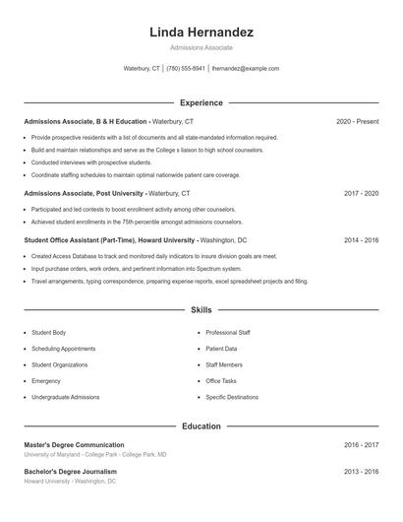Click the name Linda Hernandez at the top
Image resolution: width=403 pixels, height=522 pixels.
(x=201, y=32)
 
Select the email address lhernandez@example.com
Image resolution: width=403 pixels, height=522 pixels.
(x=246, y=69)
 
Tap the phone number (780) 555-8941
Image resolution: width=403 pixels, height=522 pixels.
(x=186, y=69)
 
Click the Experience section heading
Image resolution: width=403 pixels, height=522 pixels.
(x=201, y=102)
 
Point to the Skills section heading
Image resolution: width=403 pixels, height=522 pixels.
(x=201, y=309)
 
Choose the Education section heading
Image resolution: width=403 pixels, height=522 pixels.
(x=201, y=426)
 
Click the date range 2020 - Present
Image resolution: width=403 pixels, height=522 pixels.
(x=357, y=121)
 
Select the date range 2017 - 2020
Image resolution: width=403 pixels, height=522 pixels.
(x=361, y=193)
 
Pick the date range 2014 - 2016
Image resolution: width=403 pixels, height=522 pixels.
(x=361, y=239)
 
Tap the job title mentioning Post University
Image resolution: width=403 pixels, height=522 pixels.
(x=85, y=193)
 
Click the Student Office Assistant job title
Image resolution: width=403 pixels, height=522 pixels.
(x=108, y=239)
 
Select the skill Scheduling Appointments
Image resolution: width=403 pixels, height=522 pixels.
(x=64, y=349)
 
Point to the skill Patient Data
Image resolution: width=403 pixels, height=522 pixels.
(x=221, y=349)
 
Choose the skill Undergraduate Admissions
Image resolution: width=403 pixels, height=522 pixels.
(x=66, y=397)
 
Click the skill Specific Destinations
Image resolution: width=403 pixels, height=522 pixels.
(x=232, y=397)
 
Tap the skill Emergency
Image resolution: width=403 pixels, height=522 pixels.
(x=46, y=380)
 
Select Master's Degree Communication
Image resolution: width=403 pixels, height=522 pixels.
(x=75, y=445)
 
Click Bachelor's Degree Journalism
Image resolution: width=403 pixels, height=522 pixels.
(x=71, y=472)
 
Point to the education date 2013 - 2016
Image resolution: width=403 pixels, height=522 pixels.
(x=361, y=472)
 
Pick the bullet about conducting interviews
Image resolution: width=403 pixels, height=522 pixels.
(x=91, y=162)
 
